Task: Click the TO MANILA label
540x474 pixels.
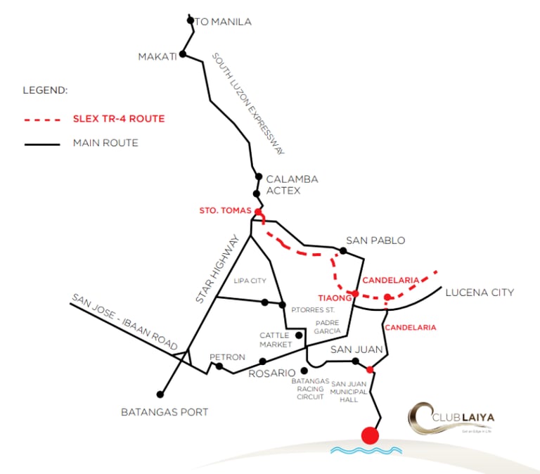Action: [223, 22]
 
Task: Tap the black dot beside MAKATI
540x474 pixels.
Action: [183, 54]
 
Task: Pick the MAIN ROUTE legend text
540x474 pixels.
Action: [105, 143]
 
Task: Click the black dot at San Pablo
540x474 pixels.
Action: [343, 250]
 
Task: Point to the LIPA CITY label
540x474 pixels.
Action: [250, 281]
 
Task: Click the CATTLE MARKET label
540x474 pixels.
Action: [275, 340]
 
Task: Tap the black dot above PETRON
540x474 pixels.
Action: [219, 366]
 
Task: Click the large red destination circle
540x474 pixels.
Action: [370, 435]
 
